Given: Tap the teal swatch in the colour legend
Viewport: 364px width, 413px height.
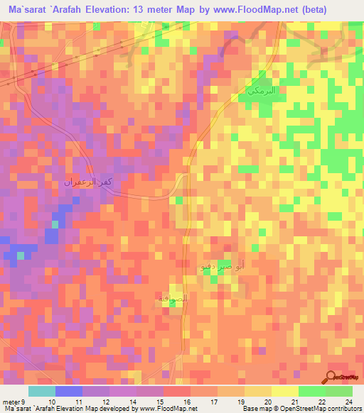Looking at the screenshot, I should pyautogui.click(x=42, y=391).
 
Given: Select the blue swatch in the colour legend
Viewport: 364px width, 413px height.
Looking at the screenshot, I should pyautogui.click(x=69, y=391).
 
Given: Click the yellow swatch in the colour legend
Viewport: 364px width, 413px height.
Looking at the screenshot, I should pyautogui.click(x=284, y=391).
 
